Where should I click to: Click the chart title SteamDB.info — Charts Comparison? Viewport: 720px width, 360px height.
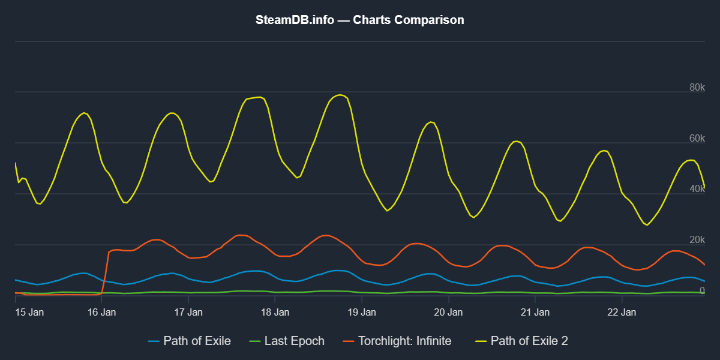360,20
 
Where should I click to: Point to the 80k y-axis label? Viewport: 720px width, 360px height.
696,88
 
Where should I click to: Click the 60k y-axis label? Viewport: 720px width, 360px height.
696,139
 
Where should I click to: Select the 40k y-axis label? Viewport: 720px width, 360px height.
696,189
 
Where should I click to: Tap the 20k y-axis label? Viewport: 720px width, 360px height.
696,240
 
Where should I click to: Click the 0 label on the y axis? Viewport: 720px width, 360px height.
701,290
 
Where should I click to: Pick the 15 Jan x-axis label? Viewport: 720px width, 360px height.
29,312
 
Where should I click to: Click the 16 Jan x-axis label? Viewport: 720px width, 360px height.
102,312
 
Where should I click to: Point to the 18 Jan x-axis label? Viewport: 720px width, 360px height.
275,312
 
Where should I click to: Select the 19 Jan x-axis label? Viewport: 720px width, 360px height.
362,312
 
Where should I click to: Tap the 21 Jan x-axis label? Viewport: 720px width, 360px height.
535,312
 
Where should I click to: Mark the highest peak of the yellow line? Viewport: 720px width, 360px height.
340,95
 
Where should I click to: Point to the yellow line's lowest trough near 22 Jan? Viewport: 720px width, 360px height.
647,225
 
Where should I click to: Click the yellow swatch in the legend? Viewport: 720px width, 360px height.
481,341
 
